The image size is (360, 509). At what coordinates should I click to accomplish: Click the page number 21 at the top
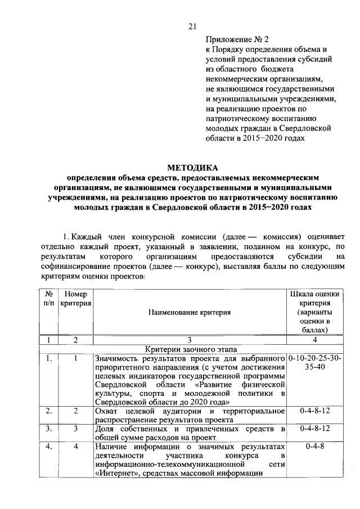(191, 26)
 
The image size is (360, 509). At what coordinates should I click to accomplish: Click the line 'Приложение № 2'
(230, 39)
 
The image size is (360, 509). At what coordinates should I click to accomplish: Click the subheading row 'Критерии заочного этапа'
(190, 349)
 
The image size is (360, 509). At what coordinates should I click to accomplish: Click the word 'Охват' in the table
(107, 411)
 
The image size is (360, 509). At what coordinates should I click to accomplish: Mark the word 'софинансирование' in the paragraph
(74, 267)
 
